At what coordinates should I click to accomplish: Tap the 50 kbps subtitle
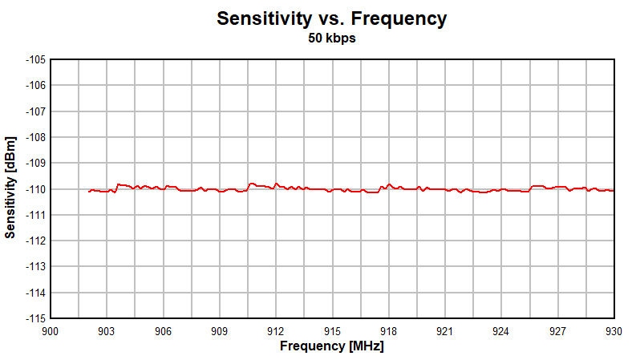(x=331, y=38)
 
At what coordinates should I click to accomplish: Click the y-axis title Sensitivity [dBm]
(x=10, y=188)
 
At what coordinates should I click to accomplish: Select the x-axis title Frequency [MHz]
(x=331, y=346)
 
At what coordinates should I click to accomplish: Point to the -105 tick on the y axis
(x=35, y=59)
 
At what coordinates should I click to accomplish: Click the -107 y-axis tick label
(x=35, y=111)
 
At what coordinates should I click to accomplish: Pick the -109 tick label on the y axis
(x=35, y=163)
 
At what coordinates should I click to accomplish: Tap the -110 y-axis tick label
(x=35, y=189)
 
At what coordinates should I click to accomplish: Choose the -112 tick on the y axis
(x=35, y=241)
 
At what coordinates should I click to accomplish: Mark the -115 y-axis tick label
(x=35, y=318)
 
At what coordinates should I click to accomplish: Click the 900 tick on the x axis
(x=51, y=331)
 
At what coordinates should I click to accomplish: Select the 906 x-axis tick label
(x=163, y=331)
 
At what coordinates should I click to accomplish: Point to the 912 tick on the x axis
(x=276, y=331)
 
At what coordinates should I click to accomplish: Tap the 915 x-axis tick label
(x=332, y=331)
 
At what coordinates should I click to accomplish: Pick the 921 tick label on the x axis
(x=444, y=331)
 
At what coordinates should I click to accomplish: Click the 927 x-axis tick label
(x=557, y=331)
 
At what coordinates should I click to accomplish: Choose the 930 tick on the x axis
(x=614, y=331)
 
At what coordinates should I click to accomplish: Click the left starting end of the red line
(x=88, y=191)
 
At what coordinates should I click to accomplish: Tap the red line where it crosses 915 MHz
(x=332, y=190)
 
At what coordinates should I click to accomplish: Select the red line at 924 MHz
(x=501, y=189)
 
